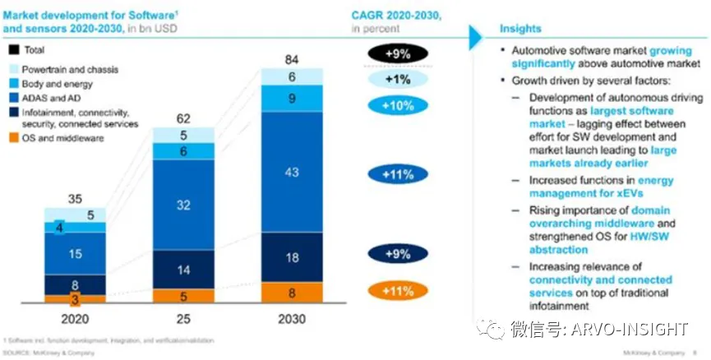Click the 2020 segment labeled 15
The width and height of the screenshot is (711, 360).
click(x=74, y=254)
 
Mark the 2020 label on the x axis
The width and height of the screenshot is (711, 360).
click(x=74, y=319)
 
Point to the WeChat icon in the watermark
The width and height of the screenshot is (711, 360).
click(x=495, y=330)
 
